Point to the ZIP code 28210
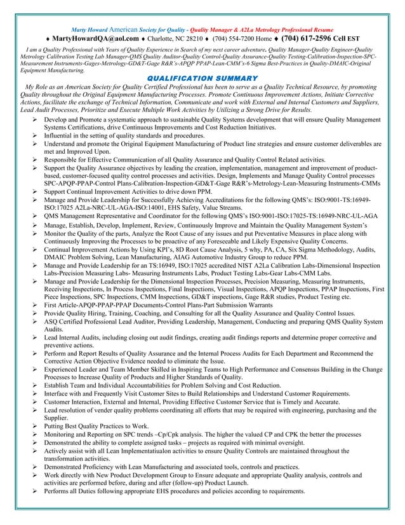pyautogui.click(x=198, y=38)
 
